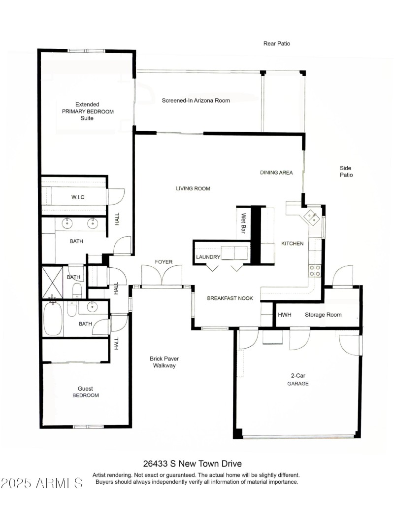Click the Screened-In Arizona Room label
(x=196, y=101)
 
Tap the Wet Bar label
(x=243, y=223)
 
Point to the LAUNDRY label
(x=207, y=257)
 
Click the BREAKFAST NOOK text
(x=230, y=298)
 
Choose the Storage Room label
(x=323, y=315)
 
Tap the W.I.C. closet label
(x=78, y=197)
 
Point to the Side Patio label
(x=346, y=171)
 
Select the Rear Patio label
(x=277, y=43)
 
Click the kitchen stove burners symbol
(x=314, y=270)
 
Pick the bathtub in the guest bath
(x=53, y=319)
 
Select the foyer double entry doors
(x=162, y=276)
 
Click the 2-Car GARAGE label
(x=298, y=379)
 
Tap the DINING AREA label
(x=276, y=173)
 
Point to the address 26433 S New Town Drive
(x=193, y=464)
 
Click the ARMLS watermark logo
(x=42, y=482)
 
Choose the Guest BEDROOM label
(x=86, y=392)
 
